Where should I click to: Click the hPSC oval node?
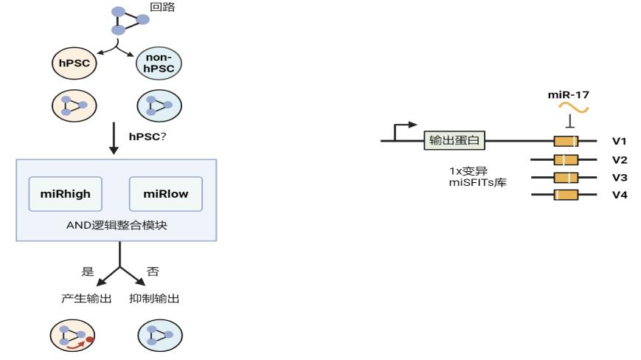tap(74, 63)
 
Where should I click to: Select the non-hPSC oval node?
tap(159, 63)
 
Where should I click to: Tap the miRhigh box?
tap(66, 194)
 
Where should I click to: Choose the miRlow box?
tap(165, 194)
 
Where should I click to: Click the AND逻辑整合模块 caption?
tap(117, 225)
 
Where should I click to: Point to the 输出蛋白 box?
tap(454, 140)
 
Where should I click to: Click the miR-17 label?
tap(568, 95)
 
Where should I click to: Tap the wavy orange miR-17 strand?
tap(574, 108)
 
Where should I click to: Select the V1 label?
tap(620, 141)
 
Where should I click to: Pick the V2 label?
tap(620, 160)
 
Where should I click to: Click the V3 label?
tap(620, 177)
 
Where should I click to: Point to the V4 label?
tap(620, 195)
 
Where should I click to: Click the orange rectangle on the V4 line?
tap(566, 195)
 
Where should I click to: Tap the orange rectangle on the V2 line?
tap(566, 160)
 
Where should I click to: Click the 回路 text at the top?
tap(162, 7)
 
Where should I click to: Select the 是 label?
tap(88, 271)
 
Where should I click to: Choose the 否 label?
tap(153, 271)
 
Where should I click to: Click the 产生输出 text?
tap(86, 299)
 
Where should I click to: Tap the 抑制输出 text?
tap(154, 299)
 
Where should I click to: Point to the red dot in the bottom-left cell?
tap(89, 339)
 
